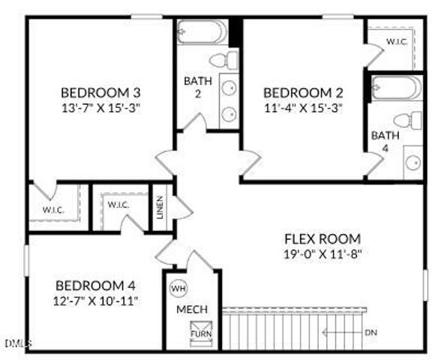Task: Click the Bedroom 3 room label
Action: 100,93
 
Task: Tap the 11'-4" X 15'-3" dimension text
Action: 303,107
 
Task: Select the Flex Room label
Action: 322,239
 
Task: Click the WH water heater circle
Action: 178,288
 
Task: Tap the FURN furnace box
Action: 200,331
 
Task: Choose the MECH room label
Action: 192,310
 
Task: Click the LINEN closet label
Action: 160,206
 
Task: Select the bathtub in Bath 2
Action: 202,34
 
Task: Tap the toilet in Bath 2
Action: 221,61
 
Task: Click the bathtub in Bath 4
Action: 396,88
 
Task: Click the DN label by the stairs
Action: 370,332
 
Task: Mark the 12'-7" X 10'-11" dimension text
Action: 95,301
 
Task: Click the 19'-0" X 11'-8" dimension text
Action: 322,253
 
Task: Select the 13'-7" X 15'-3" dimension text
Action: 100,107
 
